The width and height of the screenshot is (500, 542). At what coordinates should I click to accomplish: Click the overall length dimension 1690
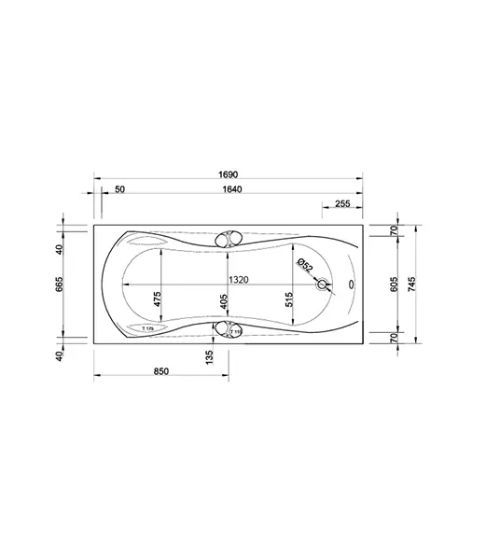click(x=229, y=174)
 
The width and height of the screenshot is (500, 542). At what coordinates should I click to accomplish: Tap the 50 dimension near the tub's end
click(x=119, y=190)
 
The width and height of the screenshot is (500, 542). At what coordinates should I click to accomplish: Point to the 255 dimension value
click(x=341, y=203)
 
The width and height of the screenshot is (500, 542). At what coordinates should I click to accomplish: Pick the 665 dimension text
click(x=59, y=284)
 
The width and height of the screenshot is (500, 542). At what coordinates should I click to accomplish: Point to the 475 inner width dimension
click(x=158, y=299)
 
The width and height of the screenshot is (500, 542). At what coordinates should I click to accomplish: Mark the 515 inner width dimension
click(x=290, y=299)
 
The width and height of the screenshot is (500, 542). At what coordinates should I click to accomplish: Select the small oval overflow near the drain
click(x=351, y=285)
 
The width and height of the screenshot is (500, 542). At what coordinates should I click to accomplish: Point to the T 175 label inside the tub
click(x=146, y=328)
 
